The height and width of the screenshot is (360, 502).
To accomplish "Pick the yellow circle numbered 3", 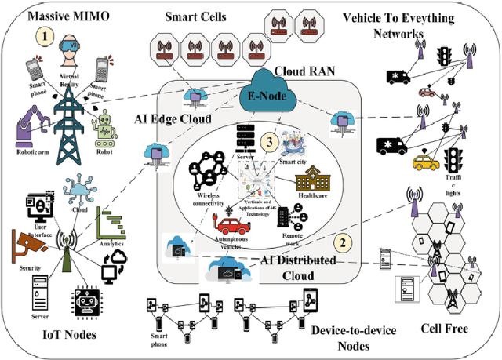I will [x=269, y=142].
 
